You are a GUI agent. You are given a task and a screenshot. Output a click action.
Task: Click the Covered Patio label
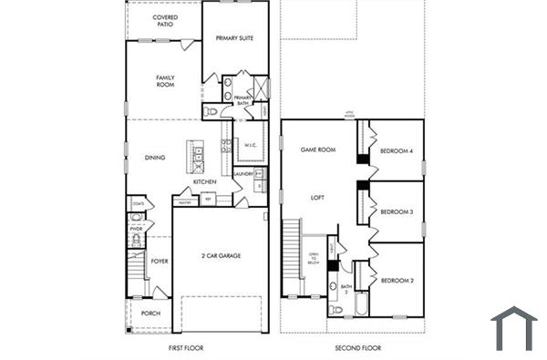click(165, 21)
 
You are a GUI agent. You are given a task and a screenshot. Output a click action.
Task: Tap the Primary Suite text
click(234, 38)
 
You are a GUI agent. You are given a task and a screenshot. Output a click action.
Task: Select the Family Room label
click(165, 81)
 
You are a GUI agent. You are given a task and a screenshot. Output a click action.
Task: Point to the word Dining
click(155, 158)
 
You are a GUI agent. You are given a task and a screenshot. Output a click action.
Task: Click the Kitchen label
click(204, 181)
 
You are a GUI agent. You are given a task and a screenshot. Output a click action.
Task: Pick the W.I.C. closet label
click(250, 144)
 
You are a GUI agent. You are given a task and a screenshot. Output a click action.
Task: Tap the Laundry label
click(243, 173)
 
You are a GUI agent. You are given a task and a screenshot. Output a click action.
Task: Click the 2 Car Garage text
click(221, 256)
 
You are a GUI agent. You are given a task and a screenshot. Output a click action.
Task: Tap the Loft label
click(317, 197)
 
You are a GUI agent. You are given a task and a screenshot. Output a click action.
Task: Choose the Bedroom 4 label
click(397, 150)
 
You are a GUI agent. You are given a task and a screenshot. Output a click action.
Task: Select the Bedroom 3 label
click(397, 211)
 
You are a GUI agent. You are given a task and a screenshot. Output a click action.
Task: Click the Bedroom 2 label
click(397, 281)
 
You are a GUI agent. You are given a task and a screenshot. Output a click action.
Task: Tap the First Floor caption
click(186, 348)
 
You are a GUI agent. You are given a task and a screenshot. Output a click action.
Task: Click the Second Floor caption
click(358, 348)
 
